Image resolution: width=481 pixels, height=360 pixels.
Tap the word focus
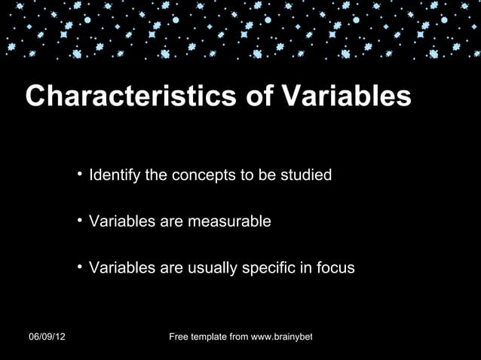tap(336, 268)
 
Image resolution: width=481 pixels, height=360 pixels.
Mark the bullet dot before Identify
tap(79, 175)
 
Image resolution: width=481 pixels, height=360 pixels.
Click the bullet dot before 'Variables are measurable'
tap(79, 221)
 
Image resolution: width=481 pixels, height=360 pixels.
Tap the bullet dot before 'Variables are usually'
tap(79, 267)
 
